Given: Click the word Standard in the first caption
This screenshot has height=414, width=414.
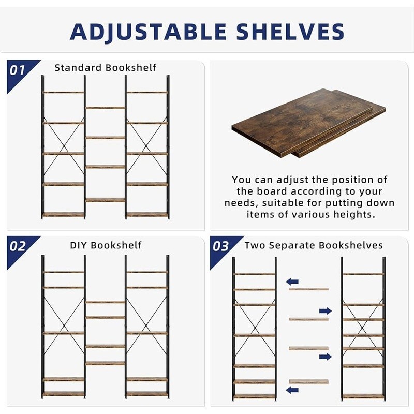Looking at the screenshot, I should [x=79, y=68].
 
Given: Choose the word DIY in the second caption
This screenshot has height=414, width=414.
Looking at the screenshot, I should [x=80, y=245].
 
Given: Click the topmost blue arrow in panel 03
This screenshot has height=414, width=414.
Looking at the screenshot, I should [x=292, y=282].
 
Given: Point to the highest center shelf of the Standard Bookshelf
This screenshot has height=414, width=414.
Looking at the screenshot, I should [x=105, y=108].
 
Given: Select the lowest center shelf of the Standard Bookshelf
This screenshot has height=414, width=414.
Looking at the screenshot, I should [x=105, y=199].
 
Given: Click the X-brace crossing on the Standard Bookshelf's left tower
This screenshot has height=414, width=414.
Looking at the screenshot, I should [x=64, y=138].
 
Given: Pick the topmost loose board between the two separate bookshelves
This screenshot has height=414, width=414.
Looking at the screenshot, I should [x=308, y=289].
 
